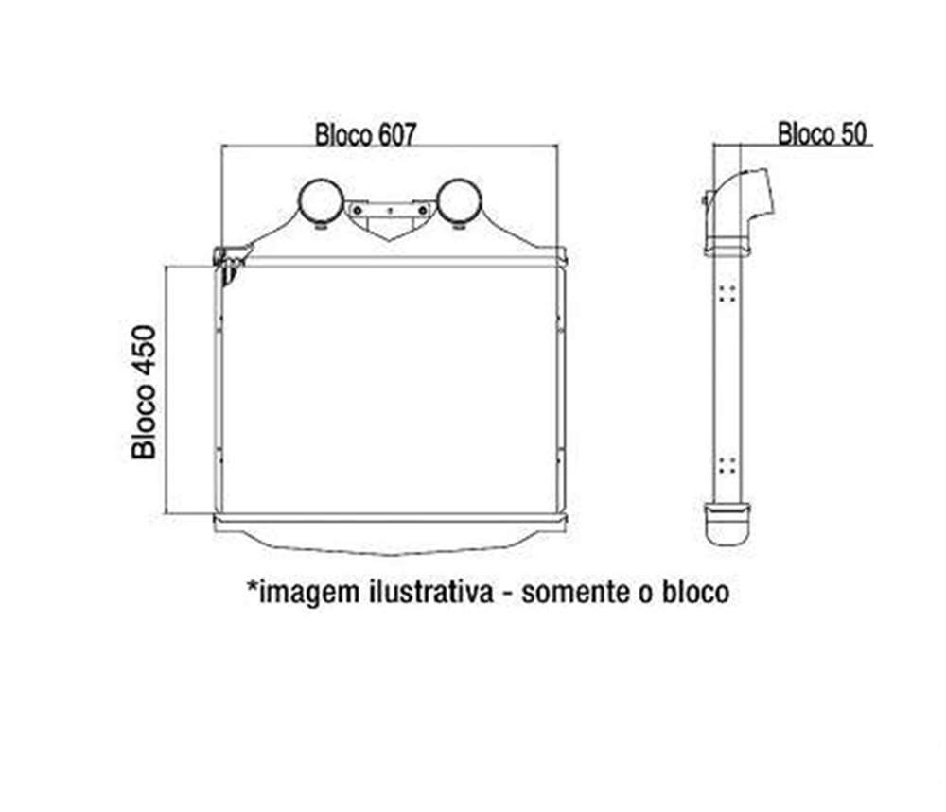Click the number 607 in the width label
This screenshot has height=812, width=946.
pyautogui.click(x=397, y=135)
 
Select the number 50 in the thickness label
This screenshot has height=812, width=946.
pyautogui.click(x=854, y=134)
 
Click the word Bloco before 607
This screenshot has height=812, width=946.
pyautogui.click(x=343, y=135)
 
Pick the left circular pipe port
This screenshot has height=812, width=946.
pyautogui.click(x=322, y=201)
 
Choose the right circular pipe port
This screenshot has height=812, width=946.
pyautogui.click(x=459, y=201)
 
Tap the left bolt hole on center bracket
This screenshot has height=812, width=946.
pyautogui.click(x=358, y=211)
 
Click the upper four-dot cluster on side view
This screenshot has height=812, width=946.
pyautogui.click(x=727, y=294)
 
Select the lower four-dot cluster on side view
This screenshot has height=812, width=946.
pyautogui.click(x=727, y=465)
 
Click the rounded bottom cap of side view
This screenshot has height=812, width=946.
pyautogui.click(x=727, y=524)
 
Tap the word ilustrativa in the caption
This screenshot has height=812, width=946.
pyautogui.click(x=430, y=592)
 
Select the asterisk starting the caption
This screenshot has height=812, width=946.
pyautogui.click(x=253, y=585)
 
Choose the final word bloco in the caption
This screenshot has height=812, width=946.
pyautogui.click(x=695, y=592)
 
